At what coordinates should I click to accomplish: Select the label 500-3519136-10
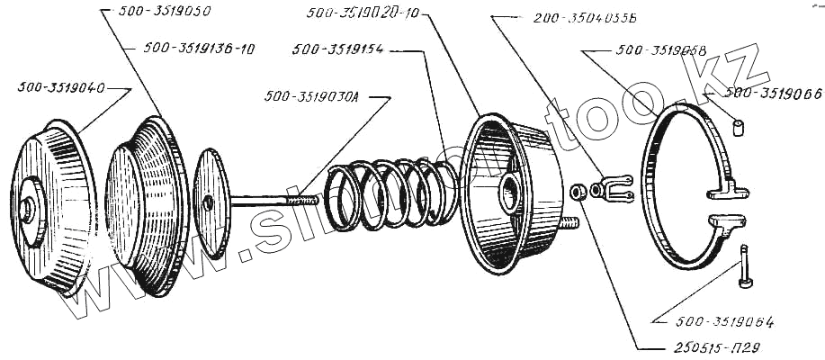(199, 49)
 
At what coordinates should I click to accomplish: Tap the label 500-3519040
(60, 88)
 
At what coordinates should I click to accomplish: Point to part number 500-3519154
(338, 51)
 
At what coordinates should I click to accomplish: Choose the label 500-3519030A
(311, 95)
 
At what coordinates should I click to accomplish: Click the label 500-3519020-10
(363, 13)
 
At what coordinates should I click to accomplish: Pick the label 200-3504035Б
(585, 18)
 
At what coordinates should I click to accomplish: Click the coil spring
(387, 194)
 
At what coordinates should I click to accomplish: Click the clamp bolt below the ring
(744, 268)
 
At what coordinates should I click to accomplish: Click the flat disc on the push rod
(211, 202)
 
